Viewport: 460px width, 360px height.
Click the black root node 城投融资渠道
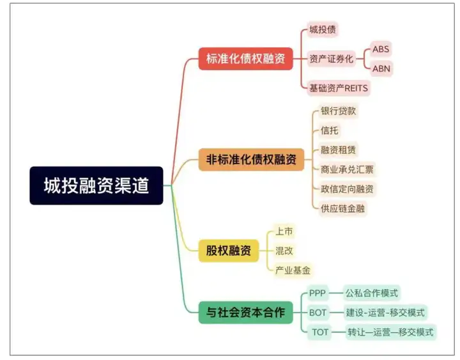coord(96,185)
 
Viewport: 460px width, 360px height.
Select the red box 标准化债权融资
coord(245,59)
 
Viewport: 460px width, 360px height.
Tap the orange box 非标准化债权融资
coord(251,160)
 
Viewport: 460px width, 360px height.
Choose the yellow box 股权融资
coord(229,251)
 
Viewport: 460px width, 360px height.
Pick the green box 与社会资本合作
coord(245,313)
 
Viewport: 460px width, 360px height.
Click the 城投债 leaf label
coord(323,29)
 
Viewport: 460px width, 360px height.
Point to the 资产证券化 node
coord(331,59)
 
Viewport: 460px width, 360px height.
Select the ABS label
coord(381,49)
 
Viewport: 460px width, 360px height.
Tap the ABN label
coord(381,68)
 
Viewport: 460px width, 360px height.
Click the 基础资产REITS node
coord(339,88)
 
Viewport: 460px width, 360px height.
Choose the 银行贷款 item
coord(338,111)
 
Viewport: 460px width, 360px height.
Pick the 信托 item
coord(330,130)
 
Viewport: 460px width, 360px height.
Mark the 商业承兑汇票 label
coord(347,169)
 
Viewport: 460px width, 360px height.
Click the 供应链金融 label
coord(342,208)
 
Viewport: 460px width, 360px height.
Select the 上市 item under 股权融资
coord(284,231)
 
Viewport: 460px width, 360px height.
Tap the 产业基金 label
coord(293,270)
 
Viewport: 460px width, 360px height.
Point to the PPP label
coord(318,293)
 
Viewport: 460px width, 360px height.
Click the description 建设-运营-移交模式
coord(385,313)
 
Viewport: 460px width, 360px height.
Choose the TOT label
coord(320,332)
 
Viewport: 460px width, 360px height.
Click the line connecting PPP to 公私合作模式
coord(336,293)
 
